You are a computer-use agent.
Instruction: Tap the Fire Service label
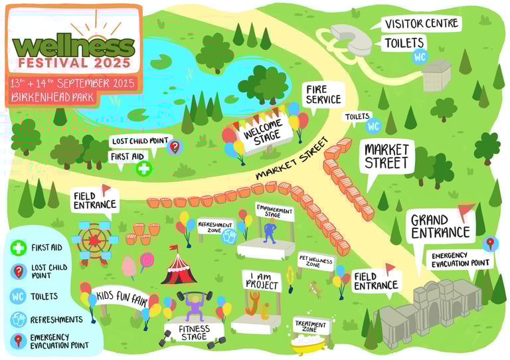tap(323, 94)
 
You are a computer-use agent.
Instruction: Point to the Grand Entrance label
tap(440, 226)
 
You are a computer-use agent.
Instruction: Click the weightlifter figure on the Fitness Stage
tap(193, 308)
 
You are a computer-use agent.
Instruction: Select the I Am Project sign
tap(260, 280)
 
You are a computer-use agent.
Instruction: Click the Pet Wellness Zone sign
tap(315, 260)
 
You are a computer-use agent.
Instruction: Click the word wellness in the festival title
tap(73, 46)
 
